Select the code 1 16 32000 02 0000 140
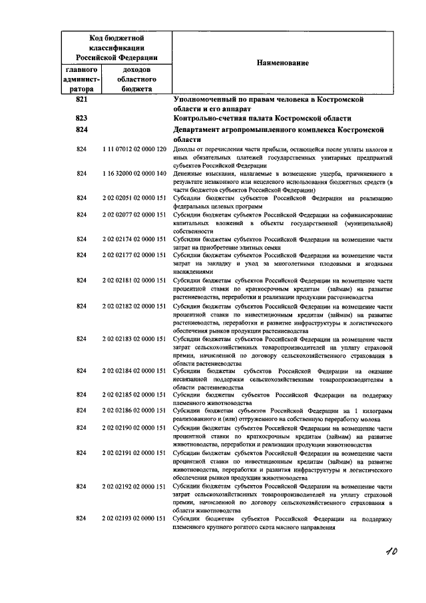coord(134,173)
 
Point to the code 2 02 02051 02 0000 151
coord(134,198)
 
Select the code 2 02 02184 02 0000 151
coord(134,370)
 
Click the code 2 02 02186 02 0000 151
coord(134,410)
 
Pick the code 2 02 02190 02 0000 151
coord(134,428)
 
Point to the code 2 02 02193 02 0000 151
coord(134,518)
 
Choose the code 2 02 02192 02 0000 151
coord(134,486)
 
